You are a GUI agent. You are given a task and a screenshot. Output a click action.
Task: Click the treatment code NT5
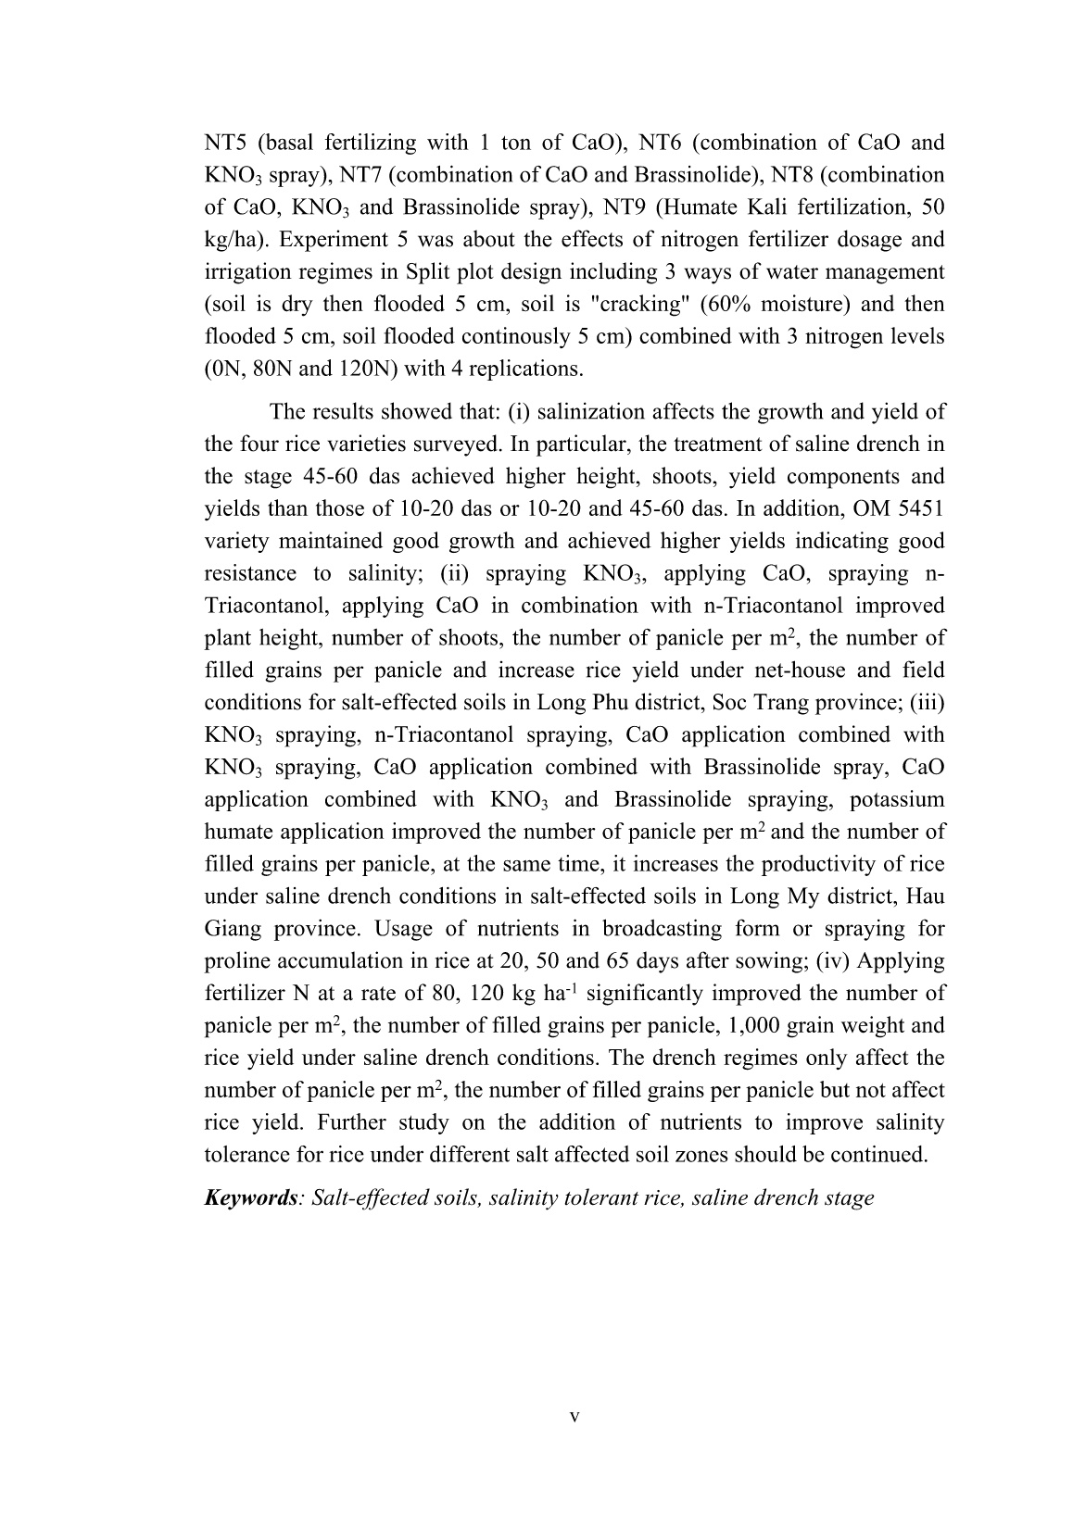click(226, 143)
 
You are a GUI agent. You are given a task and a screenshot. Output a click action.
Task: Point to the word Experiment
click(324, 240)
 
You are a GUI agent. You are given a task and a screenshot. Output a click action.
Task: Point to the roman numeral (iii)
click(927, 703)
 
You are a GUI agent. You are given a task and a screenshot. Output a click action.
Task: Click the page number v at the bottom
click(574, 1417)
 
